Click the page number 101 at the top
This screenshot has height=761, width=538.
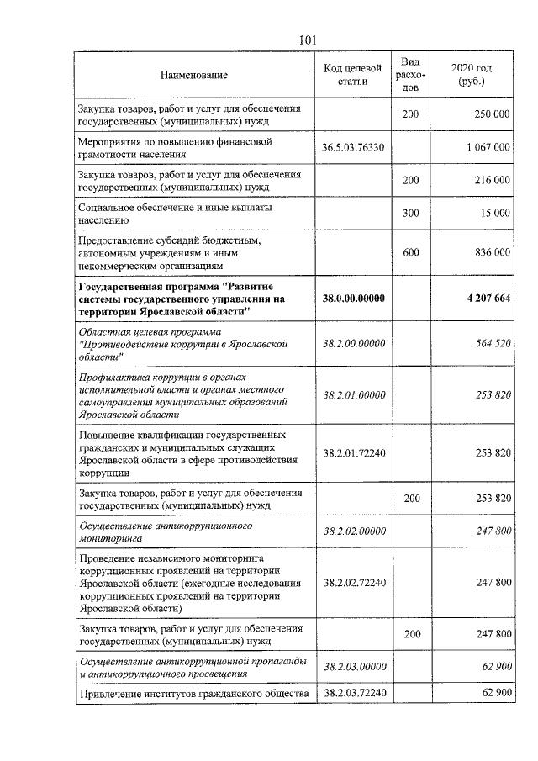point(307,40)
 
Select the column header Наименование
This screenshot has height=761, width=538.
point(194,76)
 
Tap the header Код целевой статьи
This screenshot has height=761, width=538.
point(353,75)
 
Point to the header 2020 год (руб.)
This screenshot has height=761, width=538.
point(472,75)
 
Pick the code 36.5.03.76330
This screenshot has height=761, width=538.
point(353,147)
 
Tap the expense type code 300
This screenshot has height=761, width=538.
point(411,213)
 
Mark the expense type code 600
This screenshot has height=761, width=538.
point(411,251)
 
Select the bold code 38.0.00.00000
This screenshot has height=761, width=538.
point(353,299)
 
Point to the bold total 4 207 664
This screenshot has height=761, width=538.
point(483,299)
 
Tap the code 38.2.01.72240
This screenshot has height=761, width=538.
point(353,452)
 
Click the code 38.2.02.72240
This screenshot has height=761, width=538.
point(353,582)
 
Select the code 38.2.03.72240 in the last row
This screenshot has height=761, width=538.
point(353,692)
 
